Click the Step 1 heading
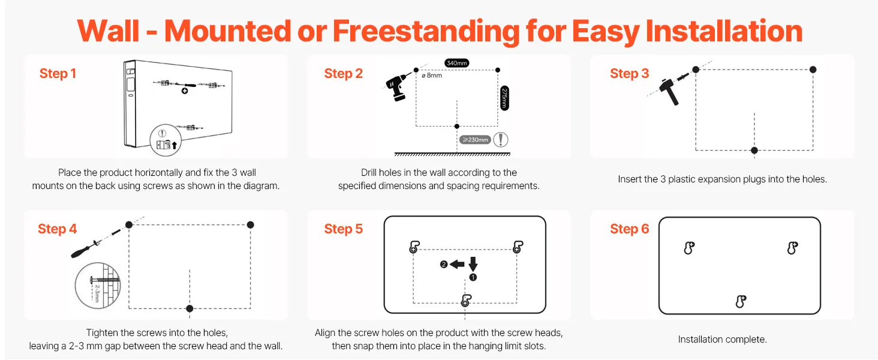58,73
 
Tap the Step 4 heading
57,229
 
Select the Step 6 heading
630,229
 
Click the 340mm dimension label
456,63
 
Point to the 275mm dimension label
504,98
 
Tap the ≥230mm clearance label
475,140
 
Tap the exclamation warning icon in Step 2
501,140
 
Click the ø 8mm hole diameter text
432,75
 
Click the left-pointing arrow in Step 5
457,265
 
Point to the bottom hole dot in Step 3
754,150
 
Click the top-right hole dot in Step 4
251,225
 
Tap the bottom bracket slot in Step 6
741,302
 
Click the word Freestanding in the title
426,31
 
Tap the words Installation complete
722,339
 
